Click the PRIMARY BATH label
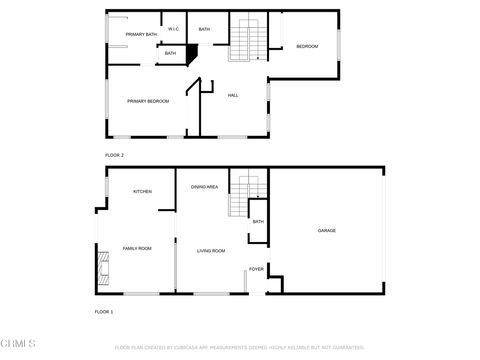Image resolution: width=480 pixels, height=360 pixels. tap(141, 35)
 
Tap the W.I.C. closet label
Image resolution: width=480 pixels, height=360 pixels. tap(173, 29)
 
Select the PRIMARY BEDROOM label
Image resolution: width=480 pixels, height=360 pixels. tap(147, 101)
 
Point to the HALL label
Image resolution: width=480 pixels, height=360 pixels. tap(232, 95)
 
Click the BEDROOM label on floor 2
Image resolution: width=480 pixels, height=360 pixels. tap(306, 46)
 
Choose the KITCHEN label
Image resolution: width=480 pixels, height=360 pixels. tap(142, 191)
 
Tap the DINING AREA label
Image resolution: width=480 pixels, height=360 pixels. tap(205, 187)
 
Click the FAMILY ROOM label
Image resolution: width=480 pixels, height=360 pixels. tap(137, 248)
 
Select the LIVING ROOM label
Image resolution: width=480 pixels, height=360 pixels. tap(210, 250)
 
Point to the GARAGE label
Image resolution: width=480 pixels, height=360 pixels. tap(326, 231)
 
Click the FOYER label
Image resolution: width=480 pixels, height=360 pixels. tap(256, 269)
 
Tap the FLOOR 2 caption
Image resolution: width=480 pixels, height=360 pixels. tap(114, 155)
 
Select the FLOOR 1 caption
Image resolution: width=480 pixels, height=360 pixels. tap(104, 312)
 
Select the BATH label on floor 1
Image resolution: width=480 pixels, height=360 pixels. tap(258, 222)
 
